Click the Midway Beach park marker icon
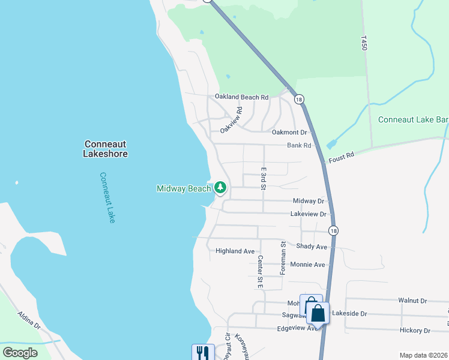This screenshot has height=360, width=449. (x=220, y=188)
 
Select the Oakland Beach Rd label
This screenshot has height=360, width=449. (x=241, y=97)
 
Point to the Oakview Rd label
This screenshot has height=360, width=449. (x=231, y=120)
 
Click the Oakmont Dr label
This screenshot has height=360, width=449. (x=289, y=133)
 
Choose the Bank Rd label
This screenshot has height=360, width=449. (x=299, y=145)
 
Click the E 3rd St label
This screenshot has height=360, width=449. (x=262, y=178)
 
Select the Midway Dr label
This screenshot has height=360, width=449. (x=309, y=201)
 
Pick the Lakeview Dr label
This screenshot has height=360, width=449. (x=308, y=214)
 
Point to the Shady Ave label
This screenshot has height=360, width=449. (x=312, y=247)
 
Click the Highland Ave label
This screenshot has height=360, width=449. (x=235, y=251)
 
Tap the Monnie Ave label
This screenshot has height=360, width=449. (x=307, y=265)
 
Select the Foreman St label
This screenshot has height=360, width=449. (x=283, y=258)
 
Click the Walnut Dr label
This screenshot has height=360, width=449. (x=412, y=300)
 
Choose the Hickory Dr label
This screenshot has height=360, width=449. (x=415, y=331)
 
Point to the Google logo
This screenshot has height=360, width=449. (x=20, y=352)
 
